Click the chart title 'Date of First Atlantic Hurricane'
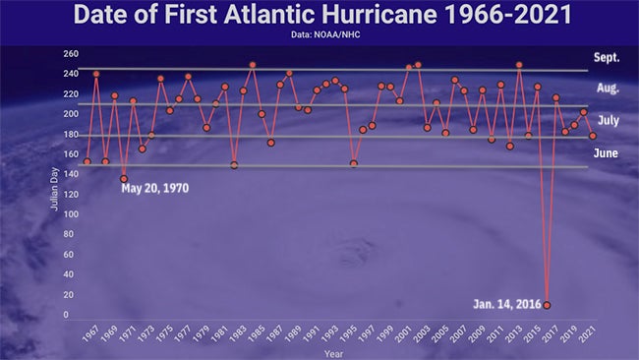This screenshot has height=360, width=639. pyautogui.click(x=319, y=16)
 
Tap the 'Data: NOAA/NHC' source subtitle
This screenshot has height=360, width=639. pyautogui.click(x=319, y=35)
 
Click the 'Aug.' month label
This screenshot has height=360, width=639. pyautogui.click(x=608, y=89)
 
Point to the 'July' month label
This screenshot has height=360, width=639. pyautogui.click(x=608, y=122)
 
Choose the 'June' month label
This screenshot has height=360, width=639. pyautogui.click(x=607, y=153)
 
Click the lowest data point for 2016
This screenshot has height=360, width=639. pyautogui.click(x=547, y=305)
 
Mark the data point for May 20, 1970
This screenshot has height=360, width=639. pyautogui.click(x=124, y=179)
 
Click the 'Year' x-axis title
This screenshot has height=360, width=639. pyautogui.click(x=334, y=352)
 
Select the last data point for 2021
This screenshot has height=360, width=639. pyautogui.click(x=593, y=136)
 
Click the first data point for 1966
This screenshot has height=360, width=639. pyautogui.click(x=87, y=161)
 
